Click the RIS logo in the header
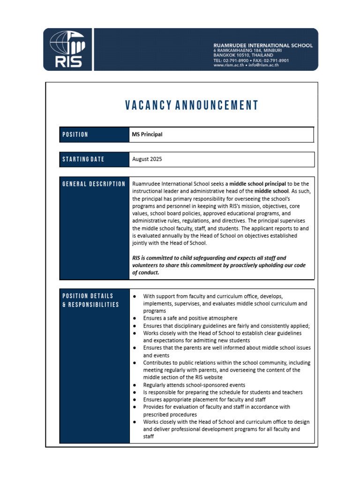(67, 49)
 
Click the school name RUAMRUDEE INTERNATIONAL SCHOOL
(263, 45)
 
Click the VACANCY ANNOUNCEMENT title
(192, 105)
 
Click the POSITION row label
(75, 135)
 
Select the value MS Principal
(147, 135)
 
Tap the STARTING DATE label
(83, 159)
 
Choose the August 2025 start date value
(147, 159)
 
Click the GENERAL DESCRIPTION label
(94, 184)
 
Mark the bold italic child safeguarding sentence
(219, 265)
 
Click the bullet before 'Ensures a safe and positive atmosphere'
(135, 318)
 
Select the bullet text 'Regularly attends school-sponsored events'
(194, 385)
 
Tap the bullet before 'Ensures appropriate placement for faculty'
(135, 399)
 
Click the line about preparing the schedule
(223, 392)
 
